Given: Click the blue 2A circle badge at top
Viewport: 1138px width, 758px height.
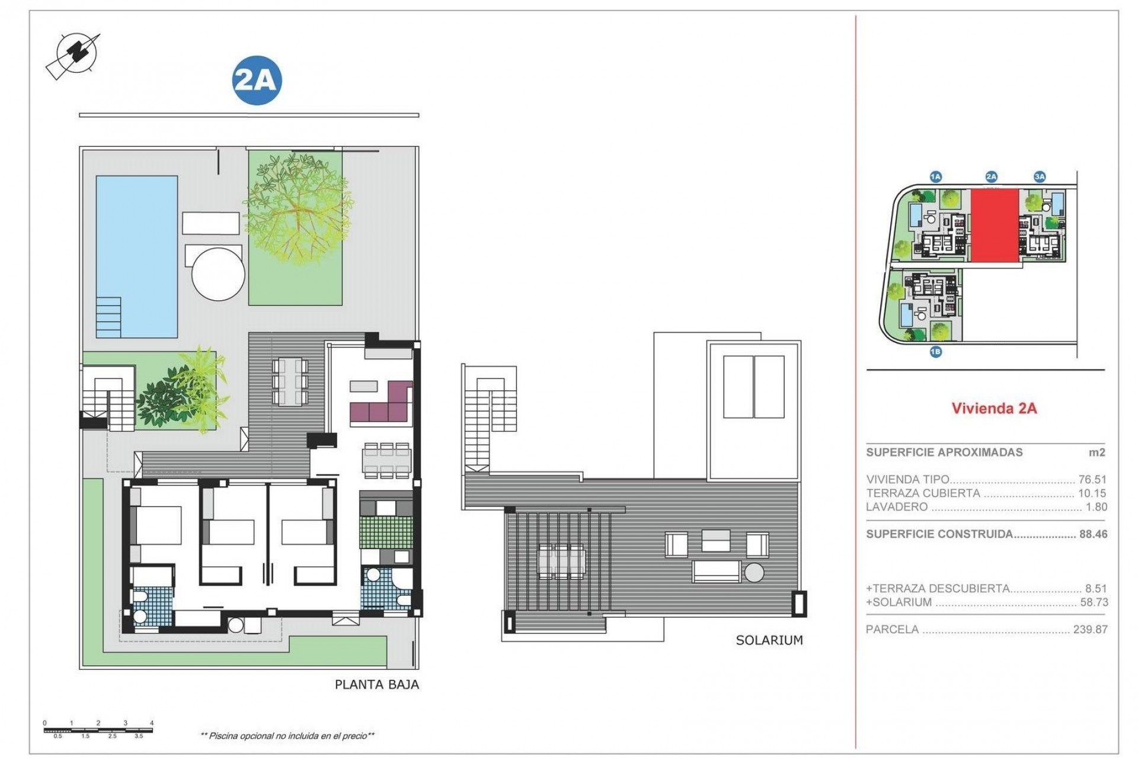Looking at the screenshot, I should (x=256, y=80).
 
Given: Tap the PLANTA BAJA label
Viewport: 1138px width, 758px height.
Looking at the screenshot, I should (x=377, y=685).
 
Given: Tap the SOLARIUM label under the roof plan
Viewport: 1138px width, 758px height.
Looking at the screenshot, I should (x=769, y=640).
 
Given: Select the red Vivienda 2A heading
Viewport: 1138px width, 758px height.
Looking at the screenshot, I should (x=994, y=409).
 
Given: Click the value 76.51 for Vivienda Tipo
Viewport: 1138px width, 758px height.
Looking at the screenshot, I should (x=1092, y=480).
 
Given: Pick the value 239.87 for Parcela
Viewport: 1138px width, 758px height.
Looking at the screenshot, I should (x=1090, y=629).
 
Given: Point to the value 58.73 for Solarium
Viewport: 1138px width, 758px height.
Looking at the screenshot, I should (x=1094, y=602).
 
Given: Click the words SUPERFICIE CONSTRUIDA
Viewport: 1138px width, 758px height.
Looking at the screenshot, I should (x=939, y=534).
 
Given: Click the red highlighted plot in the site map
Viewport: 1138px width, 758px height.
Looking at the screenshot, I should (x=995, y=226).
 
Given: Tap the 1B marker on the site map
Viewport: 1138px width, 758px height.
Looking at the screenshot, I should (x=935, y=352).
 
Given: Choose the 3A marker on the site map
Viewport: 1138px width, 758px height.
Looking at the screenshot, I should (x=1039, y=176).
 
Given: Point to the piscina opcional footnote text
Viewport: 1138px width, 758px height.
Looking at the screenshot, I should (x=288, y=736).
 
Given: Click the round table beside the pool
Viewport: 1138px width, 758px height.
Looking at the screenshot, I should (x=218, y=276).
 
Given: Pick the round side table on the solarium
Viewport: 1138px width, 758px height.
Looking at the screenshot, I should (x=754, y=573).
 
